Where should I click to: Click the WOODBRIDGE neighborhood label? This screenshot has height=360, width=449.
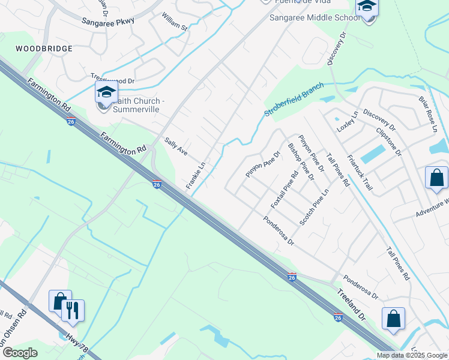(x=44, y=48)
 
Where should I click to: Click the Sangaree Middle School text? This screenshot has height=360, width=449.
(x=315, y=18)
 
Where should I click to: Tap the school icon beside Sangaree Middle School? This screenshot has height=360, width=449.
(x=366, y=8)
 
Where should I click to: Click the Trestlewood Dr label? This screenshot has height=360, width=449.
(x=113, y=78)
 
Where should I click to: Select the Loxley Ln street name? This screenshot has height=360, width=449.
(x=347, y=121)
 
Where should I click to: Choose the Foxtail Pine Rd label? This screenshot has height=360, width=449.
(x=285, y=191)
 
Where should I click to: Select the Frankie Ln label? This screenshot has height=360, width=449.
(x=196, y=176)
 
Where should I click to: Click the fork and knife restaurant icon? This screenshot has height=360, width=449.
(x=73, y=310)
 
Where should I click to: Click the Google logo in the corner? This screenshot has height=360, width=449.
(x=20, y=353)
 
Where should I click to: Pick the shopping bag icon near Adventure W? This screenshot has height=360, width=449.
(x=436, y=178)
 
